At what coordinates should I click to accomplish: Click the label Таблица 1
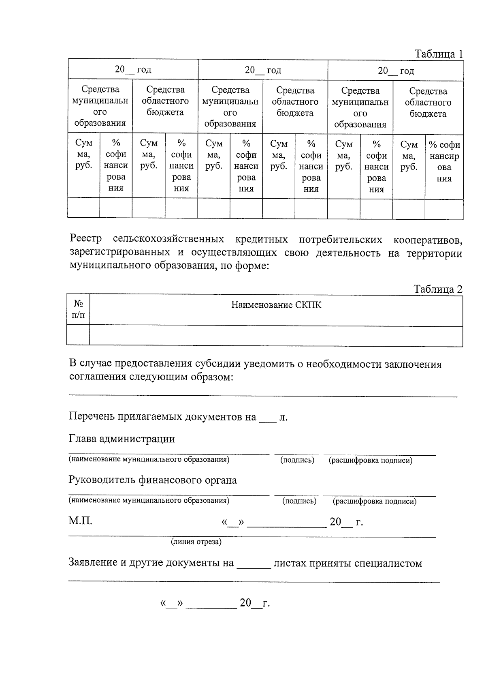click(438, 54)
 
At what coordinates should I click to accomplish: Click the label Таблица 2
click(437, 289)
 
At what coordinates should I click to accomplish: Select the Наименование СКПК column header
click(276, 305)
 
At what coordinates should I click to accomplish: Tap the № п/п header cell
click(78, 309)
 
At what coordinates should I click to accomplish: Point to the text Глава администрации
click(122, 439)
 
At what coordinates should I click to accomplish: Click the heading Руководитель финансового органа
click(153, 480)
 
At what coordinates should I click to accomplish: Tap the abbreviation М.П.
click(80, 521)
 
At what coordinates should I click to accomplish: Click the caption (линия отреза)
click(196, 542)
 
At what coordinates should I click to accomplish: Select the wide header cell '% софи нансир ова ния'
click(444, 161)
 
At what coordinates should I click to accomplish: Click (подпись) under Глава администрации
click(297, 460)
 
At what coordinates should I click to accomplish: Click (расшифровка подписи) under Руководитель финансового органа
click(374, 502)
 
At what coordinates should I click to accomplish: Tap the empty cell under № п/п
click(78, 336)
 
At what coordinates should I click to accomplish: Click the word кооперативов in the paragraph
click(428, 240)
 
